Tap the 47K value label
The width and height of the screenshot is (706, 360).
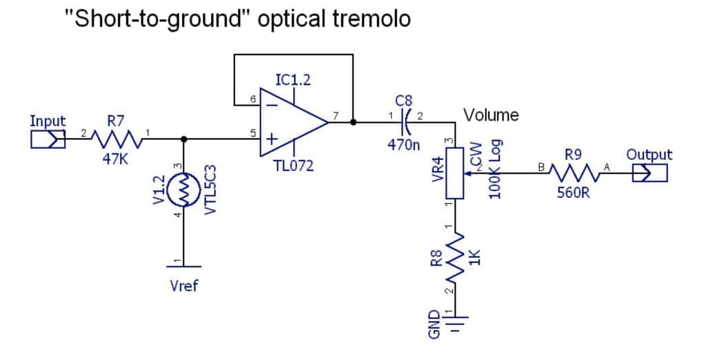tap(115, 159)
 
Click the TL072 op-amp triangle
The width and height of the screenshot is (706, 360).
tap(293, 123)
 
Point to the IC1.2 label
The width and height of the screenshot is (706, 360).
tap(292, 80)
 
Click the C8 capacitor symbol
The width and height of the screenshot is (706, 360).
tap(406, 123)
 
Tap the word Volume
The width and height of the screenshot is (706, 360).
tap(491, 114)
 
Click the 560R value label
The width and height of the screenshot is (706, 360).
tap(574, 193)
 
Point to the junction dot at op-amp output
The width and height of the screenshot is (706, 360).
tap(353, 123)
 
